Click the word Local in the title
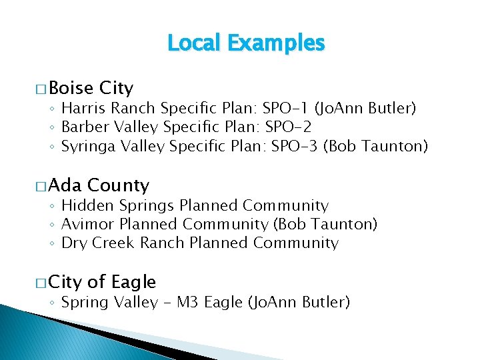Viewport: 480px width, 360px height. coord(194,43)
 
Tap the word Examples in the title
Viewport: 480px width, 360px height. coord(275,43)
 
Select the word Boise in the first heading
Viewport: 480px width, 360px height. coord(71,88)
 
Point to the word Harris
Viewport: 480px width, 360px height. coord(83,108)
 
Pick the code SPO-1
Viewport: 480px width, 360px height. coord(285,108)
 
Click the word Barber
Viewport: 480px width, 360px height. coord(84,127)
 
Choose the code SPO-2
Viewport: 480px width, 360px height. coord(288,127)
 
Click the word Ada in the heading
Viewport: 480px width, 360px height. coord(65,185)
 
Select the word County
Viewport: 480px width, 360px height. coord(118,185)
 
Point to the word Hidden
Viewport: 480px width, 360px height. coord(84,205)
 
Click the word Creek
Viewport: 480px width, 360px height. coord(113,243)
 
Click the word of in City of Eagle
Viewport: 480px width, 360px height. coord(97,283)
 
